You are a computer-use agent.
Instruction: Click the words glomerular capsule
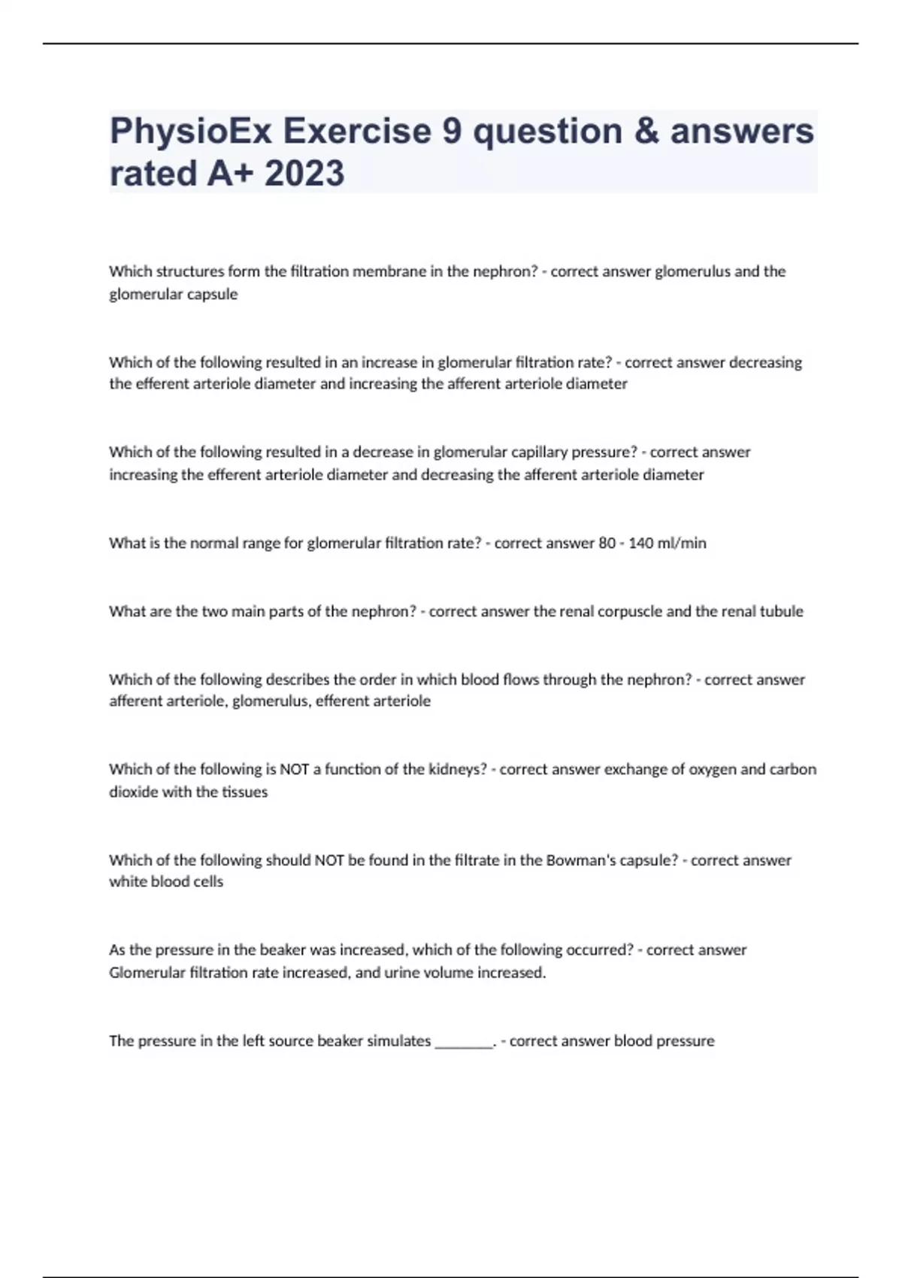pyautogui.click(x=173, y=295)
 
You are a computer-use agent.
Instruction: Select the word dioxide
pyautogui.click(x=133, y=792)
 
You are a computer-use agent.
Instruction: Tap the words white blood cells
pyautogui.click(x=166, y=882)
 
